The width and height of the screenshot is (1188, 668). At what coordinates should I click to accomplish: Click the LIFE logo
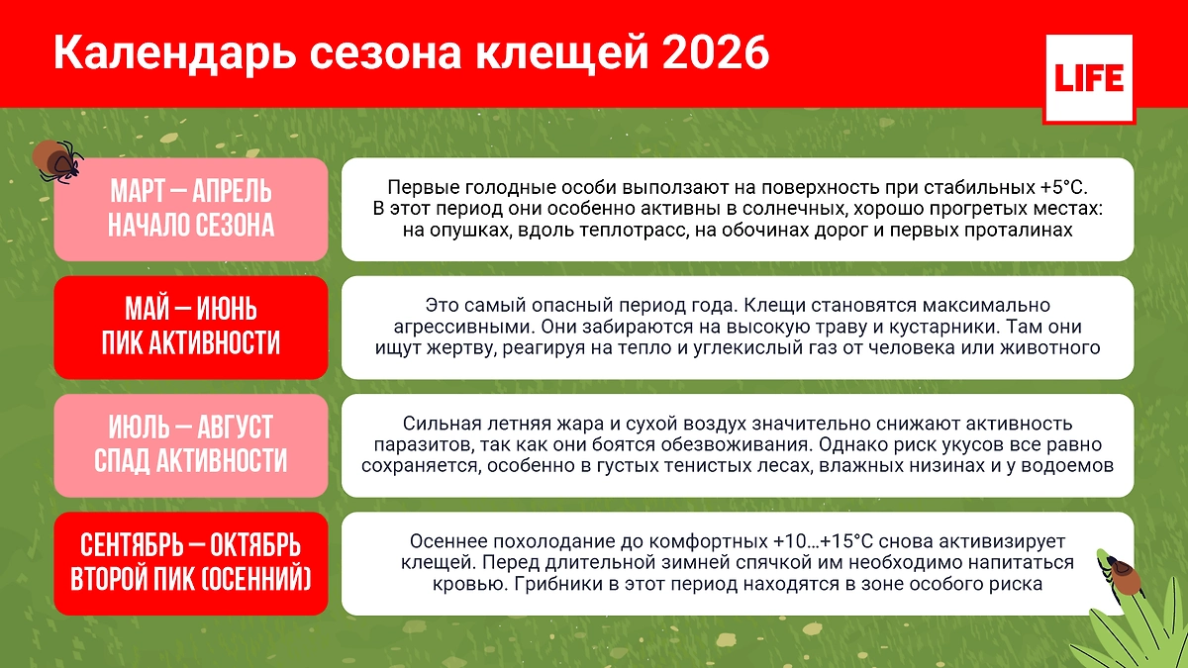1087,79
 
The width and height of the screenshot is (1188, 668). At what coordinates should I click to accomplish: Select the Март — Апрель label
190,191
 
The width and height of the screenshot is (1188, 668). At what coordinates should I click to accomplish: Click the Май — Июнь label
190,309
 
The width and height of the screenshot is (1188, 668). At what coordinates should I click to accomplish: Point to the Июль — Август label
190,428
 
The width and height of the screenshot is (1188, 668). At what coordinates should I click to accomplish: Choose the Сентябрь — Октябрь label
190,545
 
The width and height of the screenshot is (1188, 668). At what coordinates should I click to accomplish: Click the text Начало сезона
190,227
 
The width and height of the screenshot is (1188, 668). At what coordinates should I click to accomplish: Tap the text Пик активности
190,344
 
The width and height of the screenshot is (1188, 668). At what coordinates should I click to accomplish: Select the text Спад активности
190,462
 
